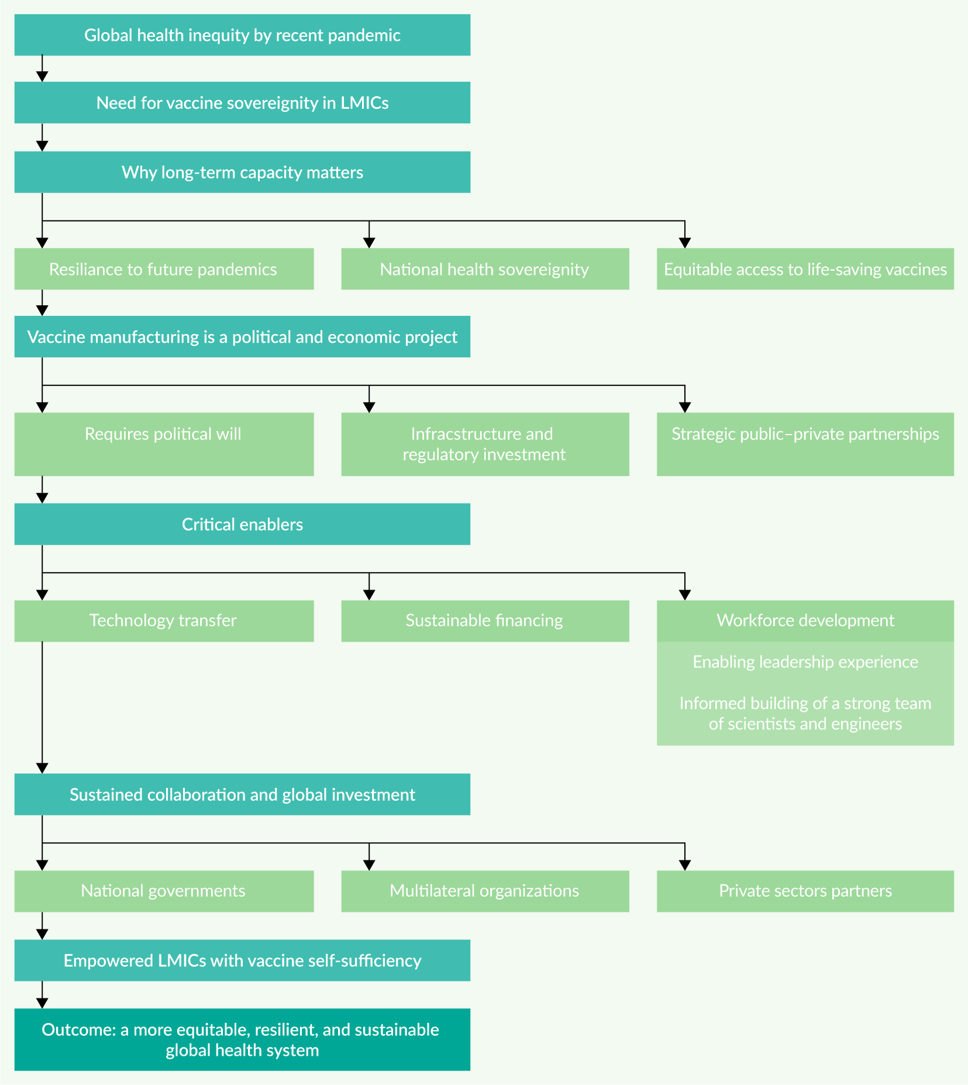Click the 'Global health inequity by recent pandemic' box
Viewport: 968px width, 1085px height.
click(242, 35)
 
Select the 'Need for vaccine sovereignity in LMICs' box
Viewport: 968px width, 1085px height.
click(242, 102)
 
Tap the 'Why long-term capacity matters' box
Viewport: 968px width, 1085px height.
click(242, 172)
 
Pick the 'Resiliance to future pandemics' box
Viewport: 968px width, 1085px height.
click(164, 269)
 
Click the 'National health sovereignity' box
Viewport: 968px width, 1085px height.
click(485, 269)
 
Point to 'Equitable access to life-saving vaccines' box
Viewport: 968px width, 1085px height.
click(805, 269)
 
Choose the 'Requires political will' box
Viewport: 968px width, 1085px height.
click(164, 445)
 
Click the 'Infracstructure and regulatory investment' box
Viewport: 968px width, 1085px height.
click(485, 445)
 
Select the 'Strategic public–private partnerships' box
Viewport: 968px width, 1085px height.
click(805, 445)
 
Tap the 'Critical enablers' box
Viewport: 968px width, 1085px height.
click(242, 524)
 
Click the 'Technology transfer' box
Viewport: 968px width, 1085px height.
click(164, 621)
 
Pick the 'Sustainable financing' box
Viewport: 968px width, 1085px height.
click(485, 621)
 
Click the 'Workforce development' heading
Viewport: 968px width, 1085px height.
click(805, 621)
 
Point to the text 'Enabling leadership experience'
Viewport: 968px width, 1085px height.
click(805, 662)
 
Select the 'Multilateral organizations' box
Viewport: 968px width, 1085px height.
click(485, 891)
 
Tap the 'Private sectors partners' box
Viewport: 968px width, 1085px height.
click(805, 891)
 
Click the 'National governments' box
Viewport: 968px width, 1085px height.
click(164, 891)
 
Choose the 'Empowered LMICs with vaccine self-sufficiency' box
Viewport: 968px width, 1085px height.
click(242, 960)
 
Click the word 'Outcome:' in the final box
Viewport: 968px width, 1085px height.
click(79, 1030)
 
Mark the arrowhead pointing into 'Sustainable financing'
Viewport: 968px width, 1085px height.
click(369, 595)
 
